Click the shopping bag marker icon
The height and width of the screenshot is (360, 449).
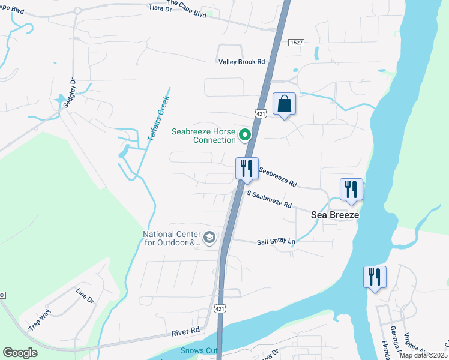[x=285, y=104]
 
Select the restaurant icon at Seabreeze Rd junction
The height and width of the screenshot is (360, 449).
[x=247, y=169]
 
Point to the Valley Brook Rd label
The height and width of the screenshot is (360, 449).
[x=241, y=62]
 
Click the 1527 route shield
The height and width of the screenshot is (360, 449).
[x=295, y=43]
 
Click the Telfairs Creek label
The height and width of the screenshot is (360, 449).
[x=157, y=118]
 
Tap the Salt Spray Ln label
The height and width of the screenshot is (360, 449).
[x=276, y=241]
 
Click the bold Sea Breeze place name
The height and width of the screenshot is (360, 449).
[x=334, y=215]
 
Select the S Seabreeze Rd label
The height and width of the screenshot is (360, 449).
[x=270, y=200]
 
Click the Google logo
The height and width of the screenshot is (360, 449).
[x=20, y=353]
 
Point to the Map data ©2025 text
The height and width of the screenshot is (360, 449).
[x=423, y=355]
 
